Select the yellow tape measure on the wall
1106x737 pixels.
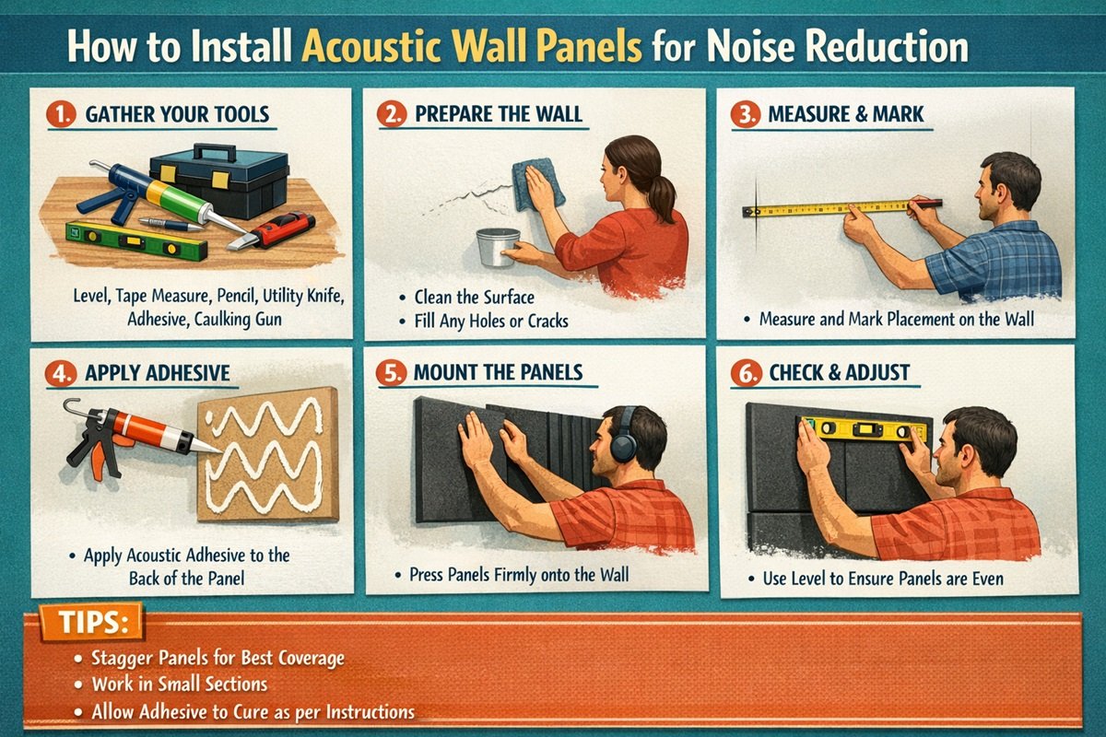pos(829,208)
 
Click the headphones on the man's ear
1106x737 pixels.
pos(626,442)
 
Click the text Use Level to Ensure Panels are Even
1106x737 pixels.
pos(882,579)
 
